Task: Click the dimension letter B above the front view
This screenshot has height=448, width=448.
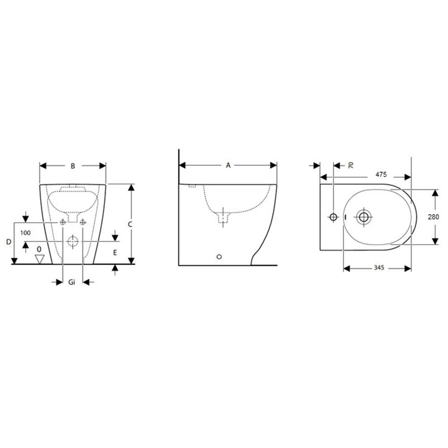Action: [x=73, y=166]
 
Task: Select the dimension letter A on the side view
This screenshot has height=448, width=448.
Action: [x=228, y=165]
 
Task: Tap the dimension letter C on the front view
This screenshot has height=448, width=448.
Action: [x=130, y=224]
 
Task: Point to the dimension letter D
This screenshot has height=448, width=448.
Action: [x=9, y=242]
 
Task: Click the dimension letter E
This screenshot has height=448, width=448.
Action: [x=115, y=253]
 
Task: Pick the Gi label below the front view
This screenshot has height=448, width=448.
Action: [x=72, y=282]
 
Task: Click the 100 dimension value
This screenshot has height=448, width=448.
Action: [x=26, y=233]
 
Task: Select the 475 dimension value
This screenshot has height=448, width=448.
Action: [x=381, y=174]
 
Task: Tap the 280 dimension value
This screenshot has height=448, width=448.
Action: [x=433, y=217]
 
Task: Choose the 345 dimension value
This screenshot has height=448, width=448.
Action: [x=379, y=268]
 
